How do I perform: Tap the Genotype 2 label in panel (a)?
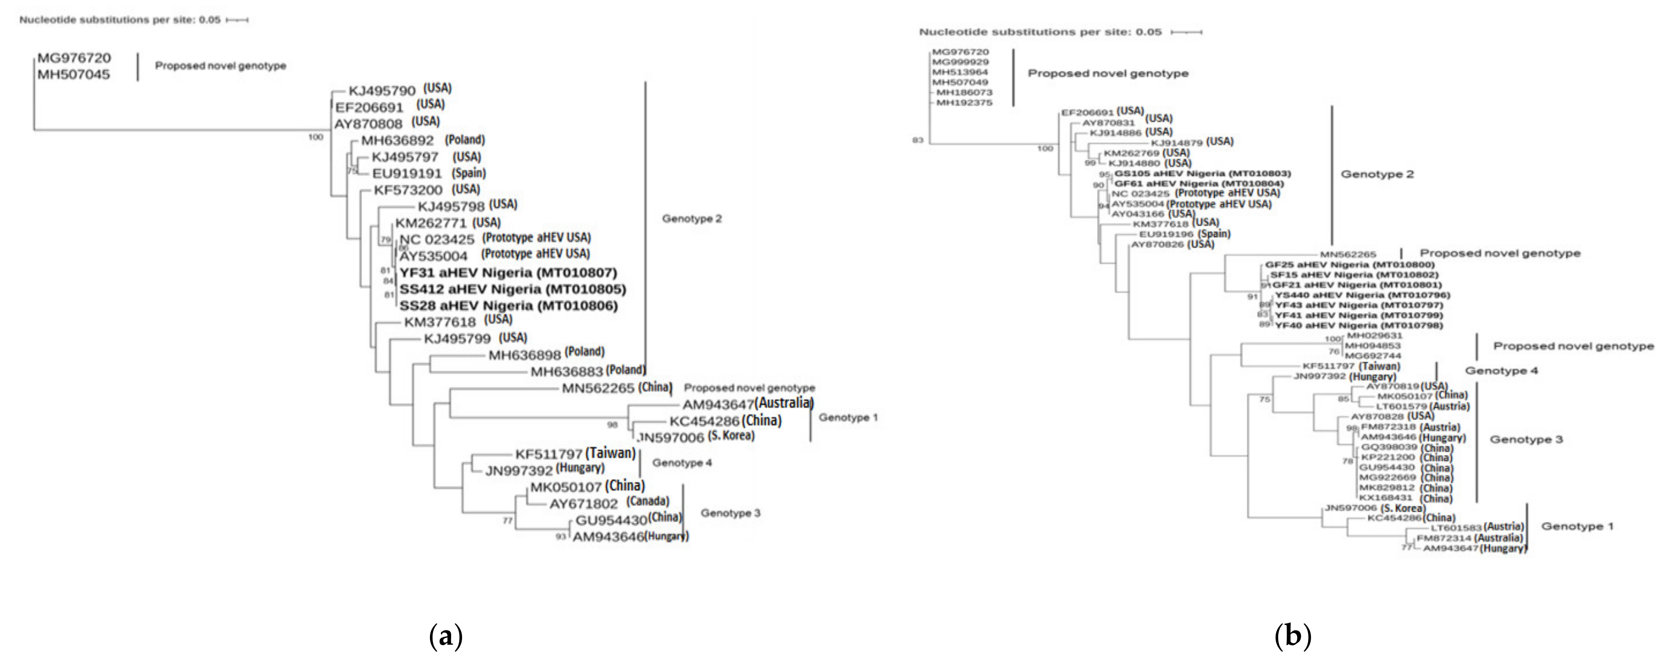(x=692, y=219)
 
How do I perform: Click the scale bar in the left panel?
(x=237, y=20)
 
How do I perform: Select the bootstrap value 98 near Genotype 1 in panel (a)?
(x=612, y=425)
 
